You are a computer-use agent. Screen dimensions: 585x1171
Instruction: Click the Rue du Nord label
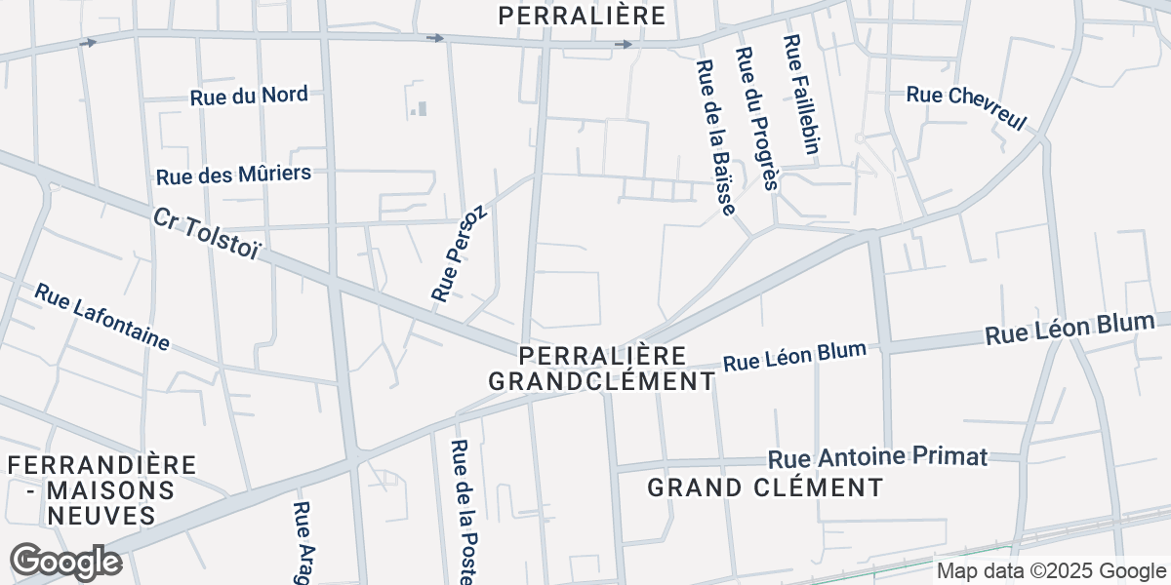[249, 96]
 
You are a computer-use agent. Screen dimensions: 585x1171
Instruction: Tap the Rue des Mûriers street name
[233, 175]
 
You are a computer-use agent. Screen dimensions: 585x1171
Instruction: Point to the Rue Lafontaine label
[102, 317]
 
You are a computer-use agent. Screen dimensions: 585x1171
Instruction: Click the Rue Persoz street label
[458, 253]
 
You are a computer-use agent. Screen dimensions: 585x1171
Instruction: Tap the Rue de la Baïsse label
[714, 137]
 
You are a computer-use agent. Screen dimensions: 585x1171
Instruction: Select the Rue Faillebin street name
[800, 95]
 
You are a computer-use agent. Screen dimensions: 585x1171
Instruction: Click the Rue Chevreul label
[967, 107]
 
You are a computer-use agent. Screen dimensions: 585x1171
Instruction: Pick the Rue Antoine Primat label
[878, 456]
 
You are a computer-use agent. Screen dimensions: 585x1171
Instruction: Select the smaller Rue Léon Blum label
[794, 357]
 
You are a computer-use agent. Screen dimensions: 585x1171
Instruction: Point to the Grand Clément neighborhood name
[765, 487]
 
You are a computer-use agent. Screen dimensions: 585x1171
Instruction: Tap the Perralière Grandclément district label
[602, 368]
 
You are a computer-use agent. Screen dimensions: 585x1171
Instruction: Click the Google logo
[66, 562]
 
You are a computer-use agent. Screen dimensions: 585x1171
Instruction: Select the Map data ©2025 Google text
[1051, 571]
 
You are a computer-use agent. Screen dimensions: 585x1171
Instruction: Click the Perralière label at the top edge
[582, 15]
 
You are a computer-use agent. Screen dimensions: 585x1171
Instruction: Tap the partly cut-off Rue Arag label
[303, 542]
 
